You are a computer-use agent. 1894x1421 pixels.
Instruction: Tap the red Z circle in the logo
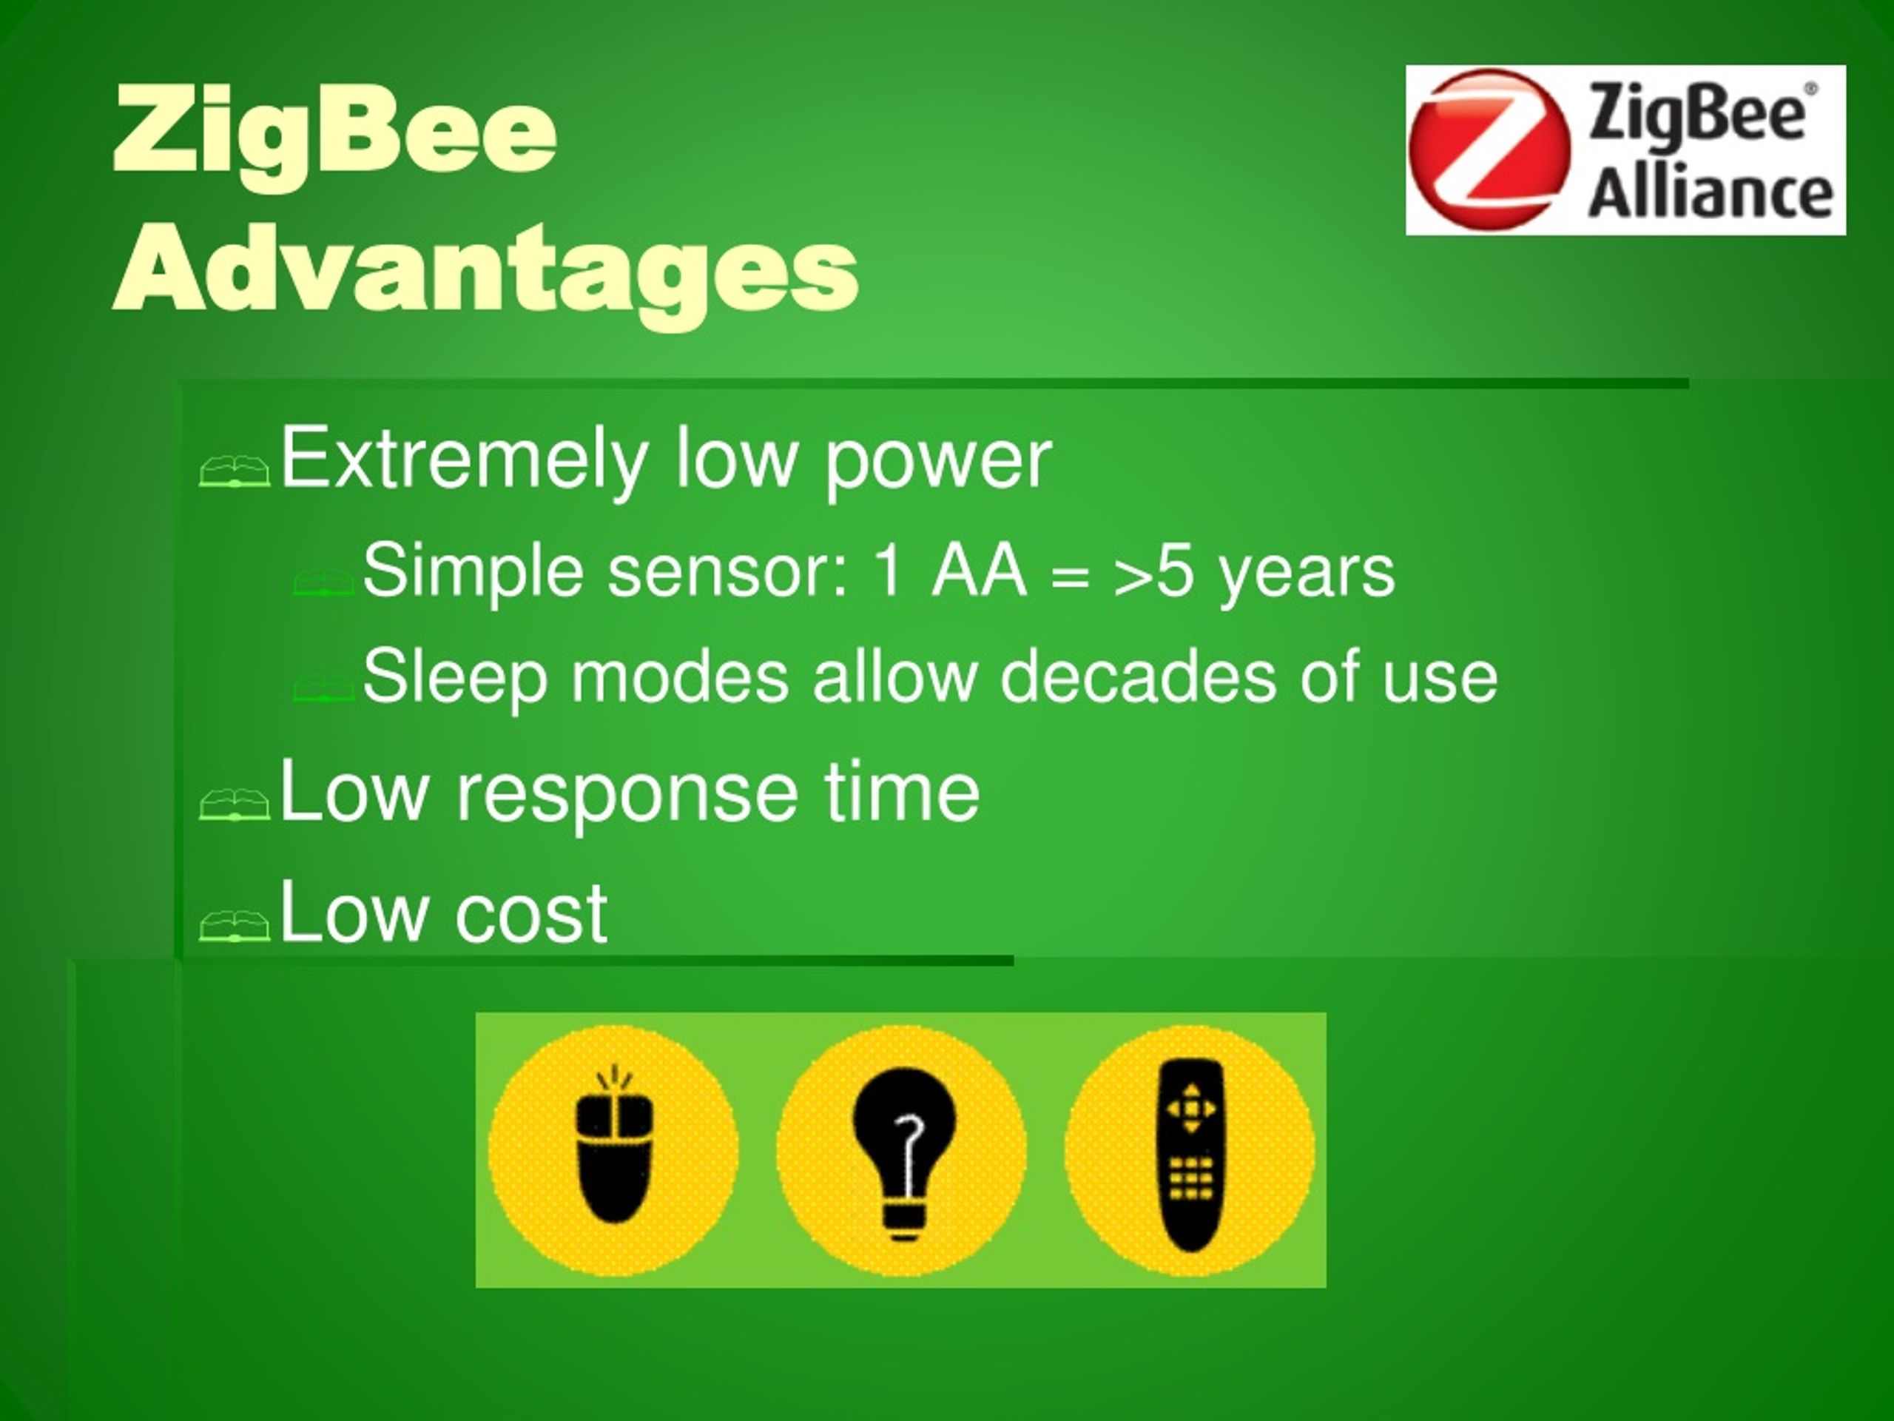(x=1489, y=150)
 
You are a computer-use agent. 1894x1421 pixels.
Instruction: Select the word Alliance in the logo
(x=1710, y=190)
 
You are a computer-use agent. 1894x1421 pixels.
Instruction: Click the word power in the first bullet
(x=937, y=463)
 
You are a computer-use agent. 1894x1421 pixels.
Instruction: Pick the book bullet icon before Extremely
(x=234, y=470)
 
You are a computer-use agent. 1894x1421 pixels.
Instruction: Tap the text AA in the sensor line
(x=979, y=571)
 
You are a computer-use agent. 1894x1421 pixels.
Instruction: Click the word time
(x=901, y=793)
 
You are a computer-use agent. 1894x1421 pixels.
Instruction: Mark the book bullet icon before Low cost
(x=234, y=925)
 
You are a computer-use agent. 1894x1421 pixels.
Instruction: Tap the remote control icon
(x=1190, y=1152)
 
